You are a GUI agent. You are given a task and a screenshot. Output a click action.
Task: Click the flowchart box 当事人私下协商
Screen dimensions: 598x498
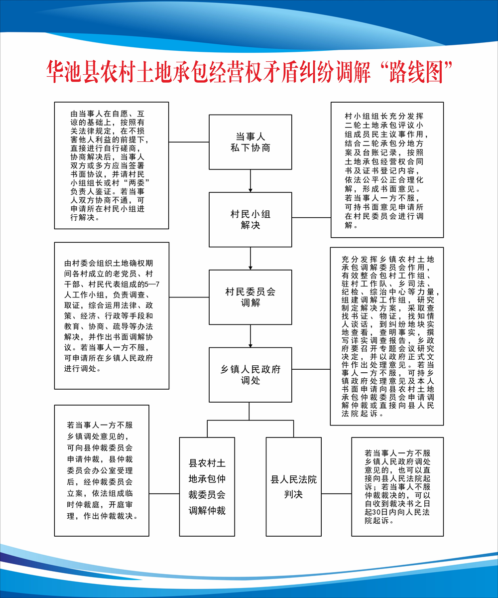click(x=250, y=142)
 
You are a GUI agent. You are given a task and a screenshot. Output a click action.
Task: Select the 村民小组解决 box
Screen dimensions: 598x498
click(x=250, y=220)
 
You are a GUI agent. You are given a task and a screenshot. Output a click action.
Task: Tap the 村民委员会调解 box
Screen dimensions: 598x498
click(x=250, y=297)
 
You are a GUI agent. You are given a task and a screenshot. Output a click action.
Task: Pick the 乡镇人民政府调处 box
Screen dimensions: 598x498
click(x=250, y=375)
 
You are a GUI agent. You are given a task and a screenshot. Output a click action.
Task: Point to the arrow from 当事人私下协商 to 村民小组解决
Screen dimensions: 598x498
click(x=250, y=181)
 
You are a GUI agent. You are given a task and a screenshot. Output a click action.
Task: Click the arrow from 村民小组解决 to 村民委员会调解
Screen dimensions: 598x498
click(x=250, y=258)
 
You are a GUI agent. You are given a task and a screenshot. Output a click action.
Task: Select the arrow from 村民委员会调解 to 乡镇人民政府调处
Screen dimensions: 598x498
click(x=250, y=336)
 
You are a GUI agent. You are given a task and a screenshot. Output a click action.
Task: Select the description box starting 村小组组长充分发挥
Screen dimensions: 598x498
click(x=387, y=170)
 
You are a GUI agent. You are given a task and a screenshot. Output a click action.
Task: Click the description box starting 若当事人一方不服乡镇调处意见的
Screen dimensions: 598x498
click(x=102, y=470)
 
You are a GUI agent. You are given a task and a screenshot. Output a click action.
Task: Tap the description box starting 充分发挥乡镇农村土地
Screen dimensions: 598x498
click(x=387, y=336)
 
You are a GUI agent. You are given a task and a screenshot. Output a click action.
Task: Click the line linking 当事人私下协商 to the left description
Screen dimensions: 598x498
click(x=189, y=142)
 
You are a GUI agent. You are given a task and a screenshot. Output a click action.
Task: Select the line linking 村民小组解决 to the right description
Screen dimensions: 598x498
click(x=311, y=218)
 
